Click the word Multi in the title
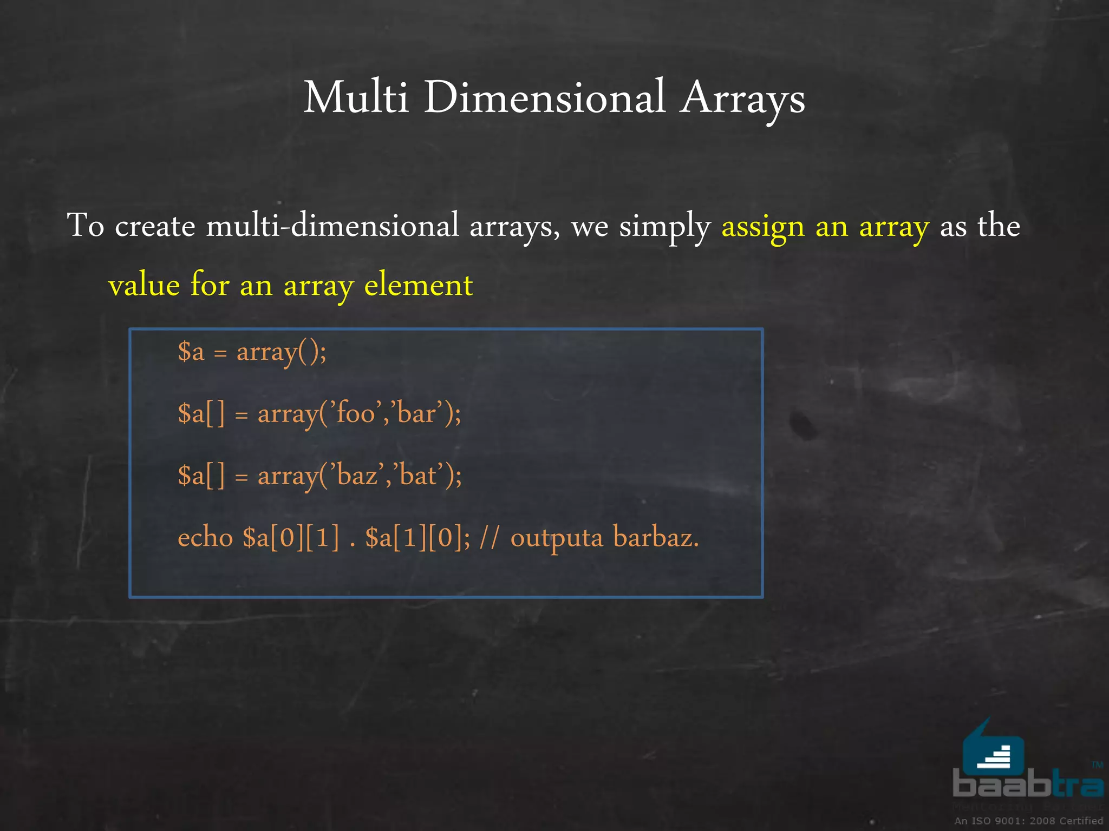point(355,98)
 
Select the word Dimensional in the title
point(544,98)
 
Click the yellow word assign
point(762,226)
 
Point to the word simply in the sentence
point(664,226)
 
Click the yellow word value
point(143,285)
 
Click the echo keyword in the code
point(205,538)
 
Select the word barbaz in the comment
point(656,538)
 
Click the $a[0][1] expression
point(291,538)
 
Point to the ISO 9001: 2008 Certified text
point(1028,821)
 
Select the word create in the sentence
point(155,226)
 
